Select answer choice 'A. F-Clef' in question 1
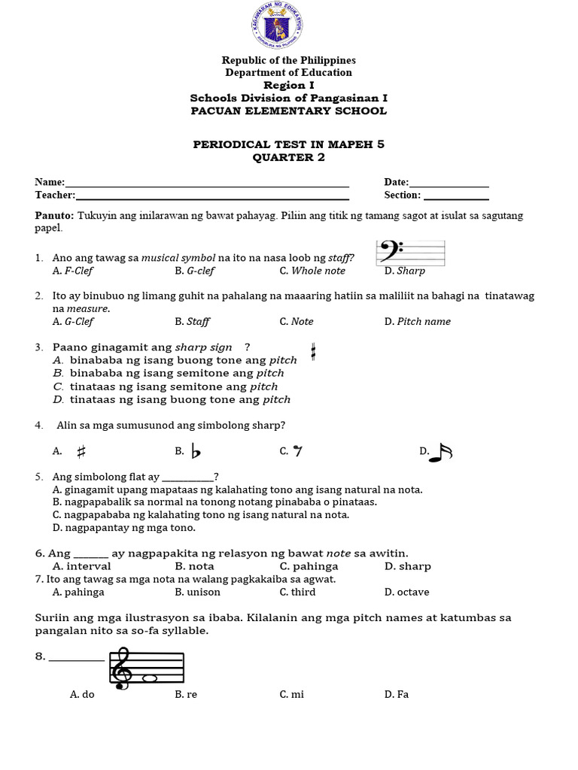[73, 271]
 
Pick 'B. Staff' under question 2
[193, 321]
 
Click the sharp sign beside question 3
[312, 351]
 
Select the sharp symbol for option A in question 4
[82, 451]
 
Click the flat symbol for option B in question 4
[196, 450]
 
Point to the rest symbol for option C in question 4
[298, 451]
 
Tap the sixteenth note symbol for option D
[441, 452]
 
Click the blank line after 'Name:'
[207, 183]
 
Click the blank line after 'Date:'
[449, 183]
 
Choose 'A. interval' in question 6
[82, 566]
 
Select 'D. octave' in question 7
[406, 592]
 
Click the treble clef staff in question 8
[148, 668]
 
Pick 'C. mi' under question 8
[292, 694]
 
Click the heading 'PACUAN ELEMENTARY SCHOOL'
[288, 111]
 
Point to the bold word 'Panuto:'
[54, 215]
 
